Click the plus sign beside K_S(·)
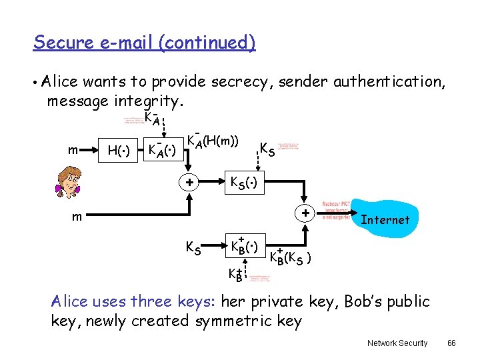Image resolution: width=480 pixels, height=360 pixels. (189, 182)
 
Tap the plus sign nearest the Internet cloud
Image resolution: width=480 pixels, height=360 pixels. (305, 214)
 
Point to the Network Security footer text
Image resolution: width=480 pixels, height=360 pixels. (397, 343)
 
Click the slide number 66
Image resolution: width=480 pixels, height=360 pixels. (451, 343)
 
